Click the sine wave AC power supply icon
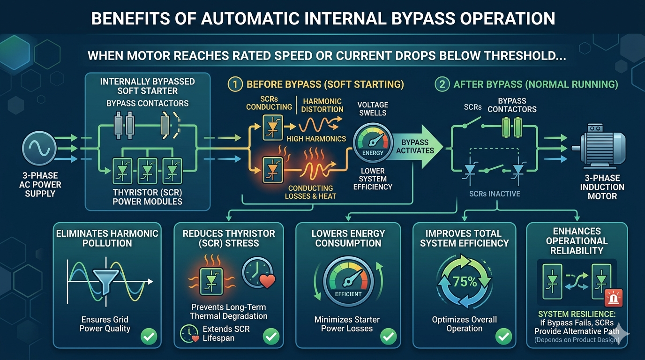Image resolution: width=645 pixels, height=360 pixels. pos(39,148)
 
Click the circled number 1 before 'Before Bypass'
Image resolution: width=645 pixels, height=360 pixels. pos(235,84)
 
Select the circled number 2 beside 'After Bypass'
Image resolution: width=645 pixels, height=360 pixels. pos(442,84)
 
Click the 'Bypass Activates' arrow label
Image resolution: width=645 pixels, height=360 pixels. pos(415,146)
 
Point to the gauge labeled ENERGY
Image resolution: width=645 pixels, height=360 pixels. pos(373,142)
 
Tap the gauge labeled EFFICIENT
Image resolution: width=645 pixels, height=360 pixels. pos(348,281)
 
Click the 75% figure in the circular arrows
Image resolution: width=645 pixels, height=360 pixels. pos(465,282)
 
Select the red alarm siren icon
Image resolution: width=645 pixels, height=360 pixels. pos(614,298)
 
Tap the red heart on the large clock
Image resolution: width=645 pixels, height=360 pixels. pos(267,281)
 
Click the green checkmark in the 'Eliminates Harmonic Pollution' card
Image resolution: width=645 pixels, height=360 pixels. pos(149,336)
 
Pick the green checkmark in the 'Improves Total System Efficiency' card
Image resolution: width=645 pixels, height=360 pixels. pos(503,336)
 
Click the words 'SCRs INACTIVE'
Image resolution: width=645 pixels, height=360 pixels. pos(495,194)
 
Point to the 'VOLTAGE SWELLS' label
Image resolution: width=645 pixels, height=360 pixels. pos(373,109)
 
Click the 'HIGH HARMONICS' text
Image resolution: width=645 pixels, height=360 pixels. pos(316,139)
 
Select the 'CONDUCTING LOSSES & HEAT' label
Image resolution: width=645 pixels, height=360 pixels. pos(310,192)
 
